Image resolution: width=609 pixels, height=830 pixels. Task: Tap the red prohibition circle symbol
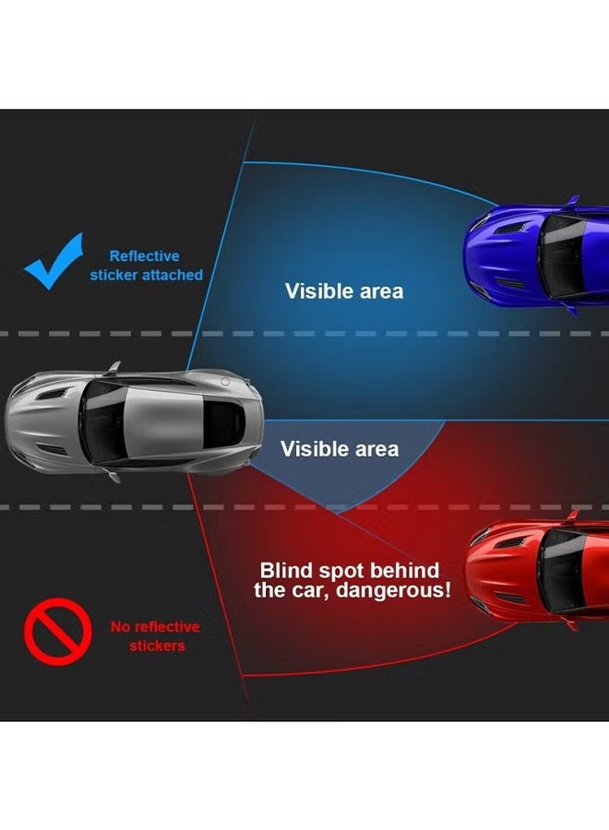point(58,632)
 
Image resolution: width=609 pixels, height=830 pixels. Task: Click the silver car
point(134,421)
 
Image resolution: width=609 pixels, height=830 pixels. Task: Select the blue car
point(536,255)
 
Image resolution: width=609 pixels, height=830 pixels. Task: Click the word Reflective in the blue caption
point(145,256)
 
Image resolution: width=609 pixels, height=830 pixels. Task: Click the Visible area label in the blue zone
point(344,291)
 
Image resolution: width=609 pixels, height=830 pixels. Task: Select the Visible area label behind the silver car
point(340,449)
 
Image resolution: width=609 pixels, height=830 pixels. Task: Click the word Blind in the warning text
point(285,571)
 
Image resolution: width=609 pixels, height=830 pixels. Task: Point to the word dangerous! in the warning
point(393,590)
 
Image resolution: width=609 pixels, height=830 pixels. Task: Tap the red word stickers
point(157,646)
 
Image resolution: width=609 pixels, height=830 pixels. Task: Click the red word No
point(120,627)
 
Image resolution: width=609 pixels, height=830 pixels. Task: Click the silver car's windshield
point(101,421)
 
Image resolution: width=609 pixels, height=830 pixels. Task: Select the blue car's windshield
point(561,255)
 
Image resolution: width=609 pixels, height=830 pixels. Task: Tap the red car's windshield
point(561,571)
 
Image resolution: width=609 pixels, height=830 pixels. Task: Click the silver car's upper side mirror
point(113,368)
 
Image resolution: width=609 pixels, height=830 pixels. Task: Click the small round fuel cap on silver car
point(225,382)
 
